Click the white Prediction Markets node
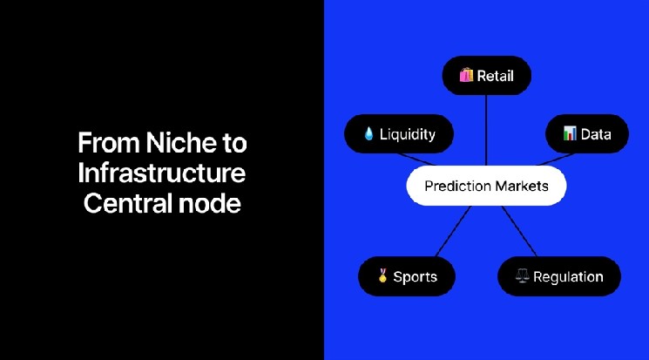[x=486, y=186]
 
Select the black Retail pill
[x=486, y=76]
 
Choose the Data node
[x=587, y=134]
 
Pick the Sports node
[x=407, y=276]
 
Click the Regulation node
[x=558, y=276]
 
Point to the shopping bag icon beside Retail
[x=466, y=76]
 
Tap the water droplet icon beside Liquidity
[x=368, y=135]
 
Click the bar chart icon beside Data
[x=570, y=134]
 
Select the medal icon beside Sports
[x=382, y=276]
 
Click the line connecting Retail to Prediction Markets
[x=486, y=131]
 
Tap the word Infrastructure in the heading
[x=161, y=173]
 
